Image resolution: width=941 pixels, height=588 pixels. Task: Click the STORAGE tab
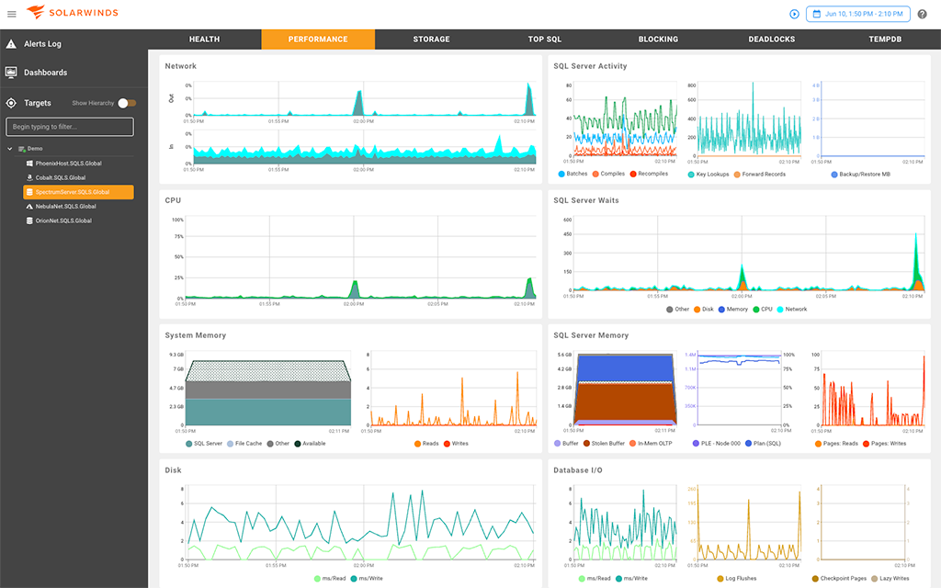pyautogui.click(x=431, y=40)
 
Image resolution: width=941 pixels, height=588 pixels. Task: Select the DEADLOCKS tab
pyautogui.click(x=771, y=40)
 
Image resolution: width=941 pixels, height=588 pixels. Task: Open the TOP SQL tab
pyautogui.click(x=544, y=40)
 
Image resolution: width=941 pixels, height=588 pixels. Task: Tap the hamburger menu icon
pyautogui.click(x=12, y=14)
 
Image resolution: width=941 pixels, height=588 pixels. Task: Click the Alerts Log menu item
pyautogui.click(x=42, y=44)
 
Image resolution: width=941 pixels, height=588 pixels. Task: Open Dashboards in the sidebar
pyautogui.click(x=45, y=73)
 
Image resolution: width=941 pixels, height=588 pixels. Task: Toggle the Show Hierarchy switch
pyautogui.click(x=127, y=103)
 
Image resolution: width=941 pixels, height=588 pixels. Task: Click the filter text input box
pyautogui.click(x=70, y=127)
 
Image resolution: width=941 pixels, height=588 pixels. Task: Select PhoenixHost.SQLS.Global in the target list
pyautogui.click(x=68, y=164)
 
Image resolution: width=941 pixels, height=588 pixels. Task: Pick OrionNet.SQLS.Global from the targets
pyautogui.click(x=63, y=220)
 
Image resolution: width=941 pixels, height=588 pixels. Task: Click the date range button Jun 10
pyautogui.click(x=857, y=14)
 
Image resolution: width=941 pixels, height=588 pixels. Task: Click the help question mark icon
pyautogui.click(x=922, y=14)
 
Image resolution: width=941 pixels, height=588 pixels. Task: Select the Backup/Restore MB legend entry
pyautogui.click(x=861, y=174)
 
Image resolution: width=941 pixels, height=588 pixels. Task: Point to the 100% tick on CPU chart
pyautogui.click(x=177, y=220)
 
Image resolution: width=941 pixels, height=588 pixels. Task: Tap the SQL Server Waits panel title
pyautogui.click(x=585, y=200)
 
